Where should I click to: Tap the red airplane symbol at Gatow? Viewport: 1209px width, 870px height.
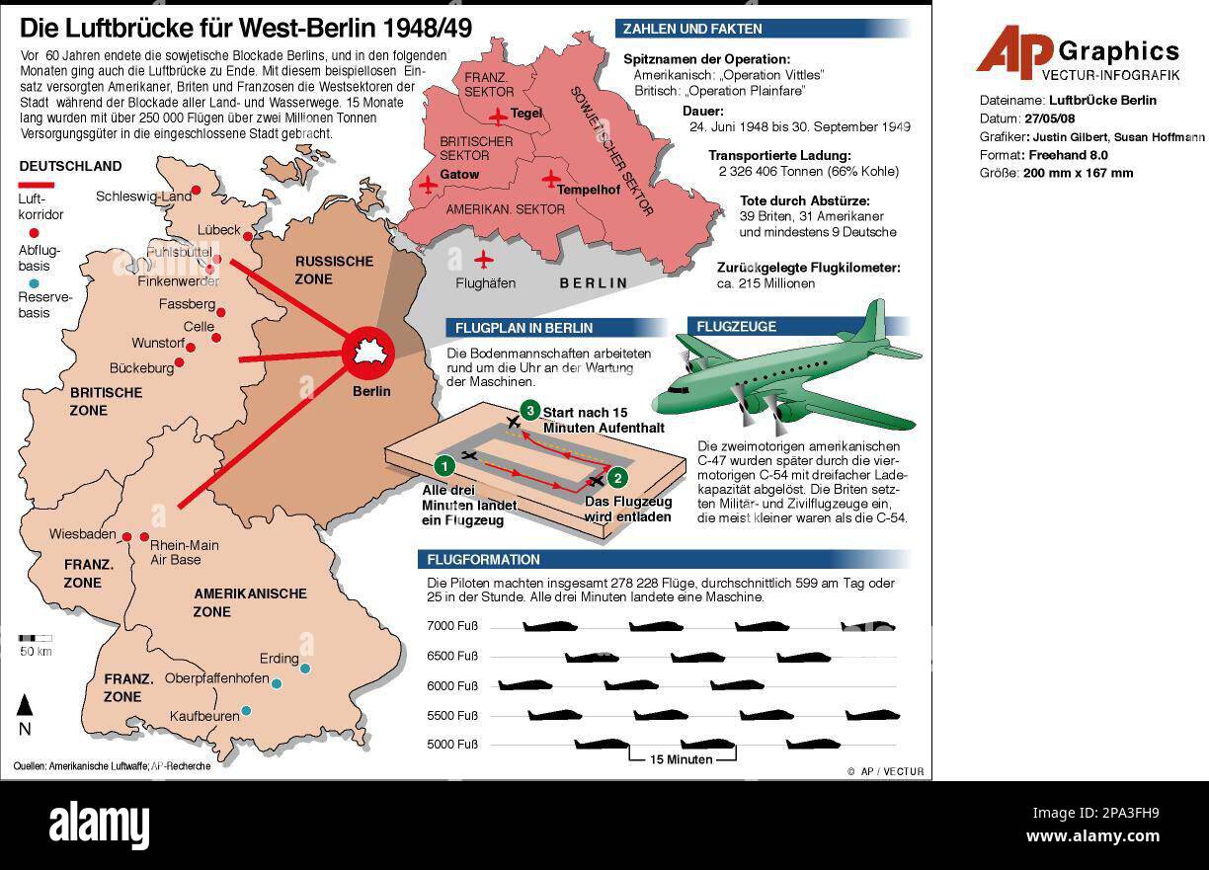[x=427, y=184]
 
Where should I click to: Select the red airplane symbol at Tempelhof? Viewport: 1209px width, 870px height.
[x=550, y=179]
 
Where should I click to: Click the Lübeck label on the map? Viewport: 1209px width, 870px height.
[x=218, y=229]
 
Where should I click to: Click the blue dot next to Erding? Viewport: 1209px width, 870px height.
[x=305, y=669]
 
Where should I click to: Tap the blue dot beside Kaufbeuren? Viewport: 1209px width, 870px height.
[x=246, y=710]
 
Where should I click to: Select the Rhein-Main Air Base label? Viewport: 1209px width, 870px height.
[x=184, y=552]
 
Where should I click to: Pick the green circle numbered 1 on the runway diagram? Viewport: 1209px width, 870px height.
[x=445, y=464]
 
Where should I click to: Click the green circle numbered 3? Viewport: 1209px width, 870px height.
[x=530, y=411]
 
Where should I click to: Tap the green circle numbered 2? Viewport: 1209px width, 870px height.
[x=618, y=478]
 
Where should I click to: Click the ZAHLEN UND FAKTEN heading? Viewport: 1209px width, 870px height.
[x=692, y=30]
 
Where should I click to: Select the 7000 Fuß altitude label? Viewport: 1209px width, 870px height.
[x=452, y=626]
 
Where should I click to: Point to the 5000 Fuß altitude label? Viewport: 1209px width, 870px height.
[x=452, y=745]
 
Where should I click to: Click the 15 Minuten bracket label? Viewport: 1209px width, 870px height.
[x=682, y=759]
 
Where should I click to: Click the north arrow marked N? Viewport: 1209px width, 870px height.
[x=26, y=713]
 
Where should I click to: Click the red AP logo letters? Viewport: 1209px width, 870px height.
[x=1013, y=51]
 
